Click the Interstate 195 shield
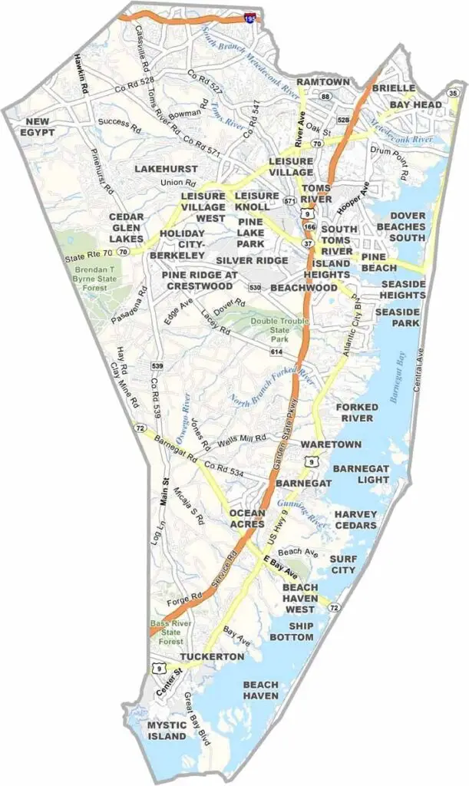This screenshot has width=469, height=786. click(251, 17)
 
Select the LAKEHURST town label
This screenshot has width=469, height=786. click(166, 168)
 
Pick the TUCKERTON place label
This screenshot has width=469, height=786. click(212, 657)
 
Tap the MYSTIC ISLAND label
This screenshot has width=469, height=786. click(167, 730)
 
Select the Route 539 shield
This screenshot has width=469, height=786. click(157, 365)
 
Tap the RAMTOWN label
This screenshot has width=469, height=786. click(323, 81)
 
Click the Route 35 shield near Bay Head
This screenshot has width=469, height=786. click(453, 94)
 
